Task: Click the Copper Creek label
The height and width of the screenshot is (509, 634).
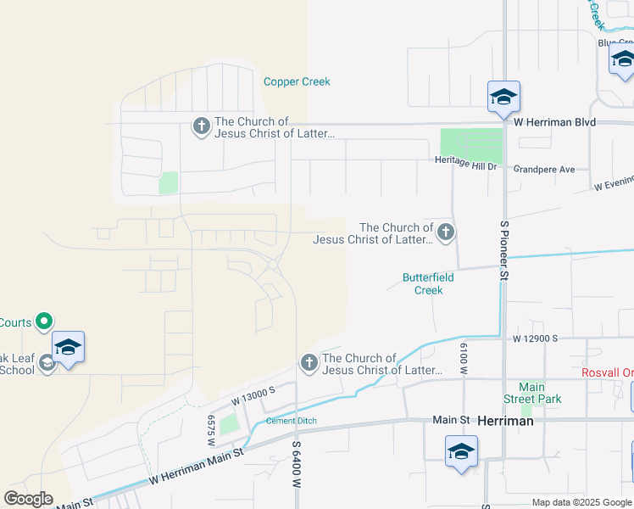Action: tap(297, 82)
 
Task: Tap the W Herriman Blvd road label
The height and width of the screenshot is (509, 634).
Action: tap(554, 122)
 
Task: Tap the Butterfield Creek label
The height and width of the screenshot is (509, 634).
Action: tap(428, 283)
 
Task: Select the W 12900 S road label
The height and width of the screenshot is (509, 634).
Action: tap(535, 338)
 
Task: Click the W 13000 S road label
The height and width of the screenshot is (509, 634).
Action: tap(254, 395)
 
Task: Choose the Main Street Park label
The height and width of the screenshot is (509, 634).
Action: tap(532, 393)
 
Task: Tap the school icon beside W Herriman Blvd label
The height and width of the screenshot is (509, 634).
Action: tap(503, 97)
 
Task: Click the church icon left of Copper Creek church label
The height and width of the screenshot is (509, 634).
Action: tap(202, 127)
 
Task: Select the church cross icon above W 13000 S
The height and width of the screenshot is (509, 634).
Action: tap(309, 364)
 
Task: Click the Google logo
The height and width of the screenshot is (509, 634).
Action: tap(28, 499)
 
